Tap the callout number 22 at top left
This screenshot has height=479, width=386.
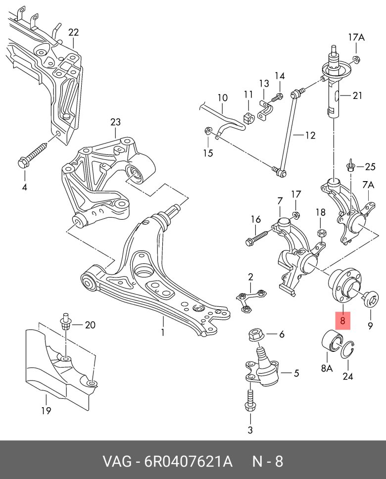(x=73, y=33)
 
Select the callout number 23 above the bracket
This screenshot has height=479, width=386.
(x=115, y=122)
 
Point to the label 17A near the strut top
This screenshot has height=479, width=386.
(x=356, y=37)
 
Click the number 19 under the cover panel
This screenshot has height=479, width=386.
(x=46, y=410)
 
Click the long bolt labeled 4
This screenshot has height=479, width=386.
(x=34, y=153)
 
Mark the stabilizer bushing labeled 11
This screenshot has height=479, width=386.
(x=248, y=119)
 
